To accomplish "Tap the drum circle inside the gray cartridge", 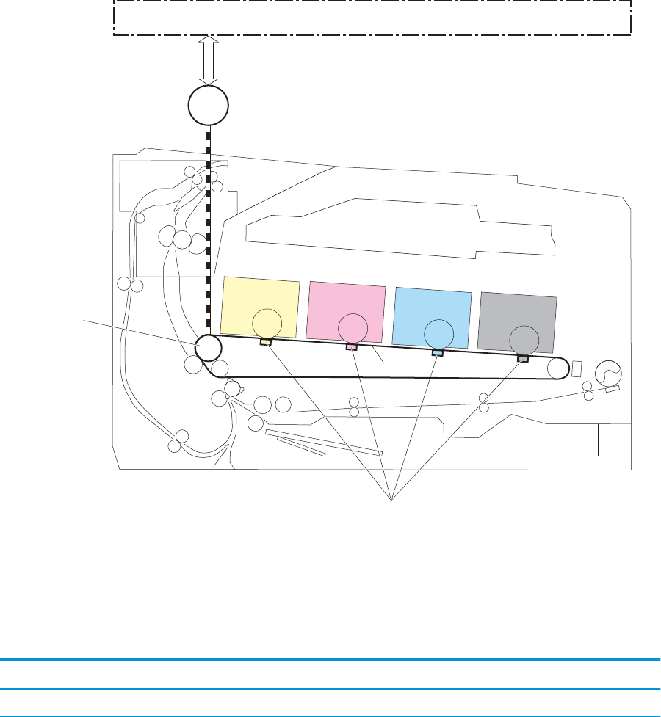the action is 524,339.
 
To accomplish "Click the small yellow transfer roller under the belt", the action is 266,342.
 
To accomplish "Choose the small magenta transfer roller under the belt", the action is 352,347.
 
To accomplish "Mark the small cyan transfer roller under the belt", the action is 437,353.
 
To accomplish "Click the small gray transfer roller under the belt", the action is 523,359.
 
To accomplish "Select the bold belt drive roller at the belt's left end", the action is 209,347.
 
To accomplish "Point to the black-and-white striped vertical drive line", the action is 209,228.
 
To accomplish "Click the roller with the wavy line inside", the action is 608,374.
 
